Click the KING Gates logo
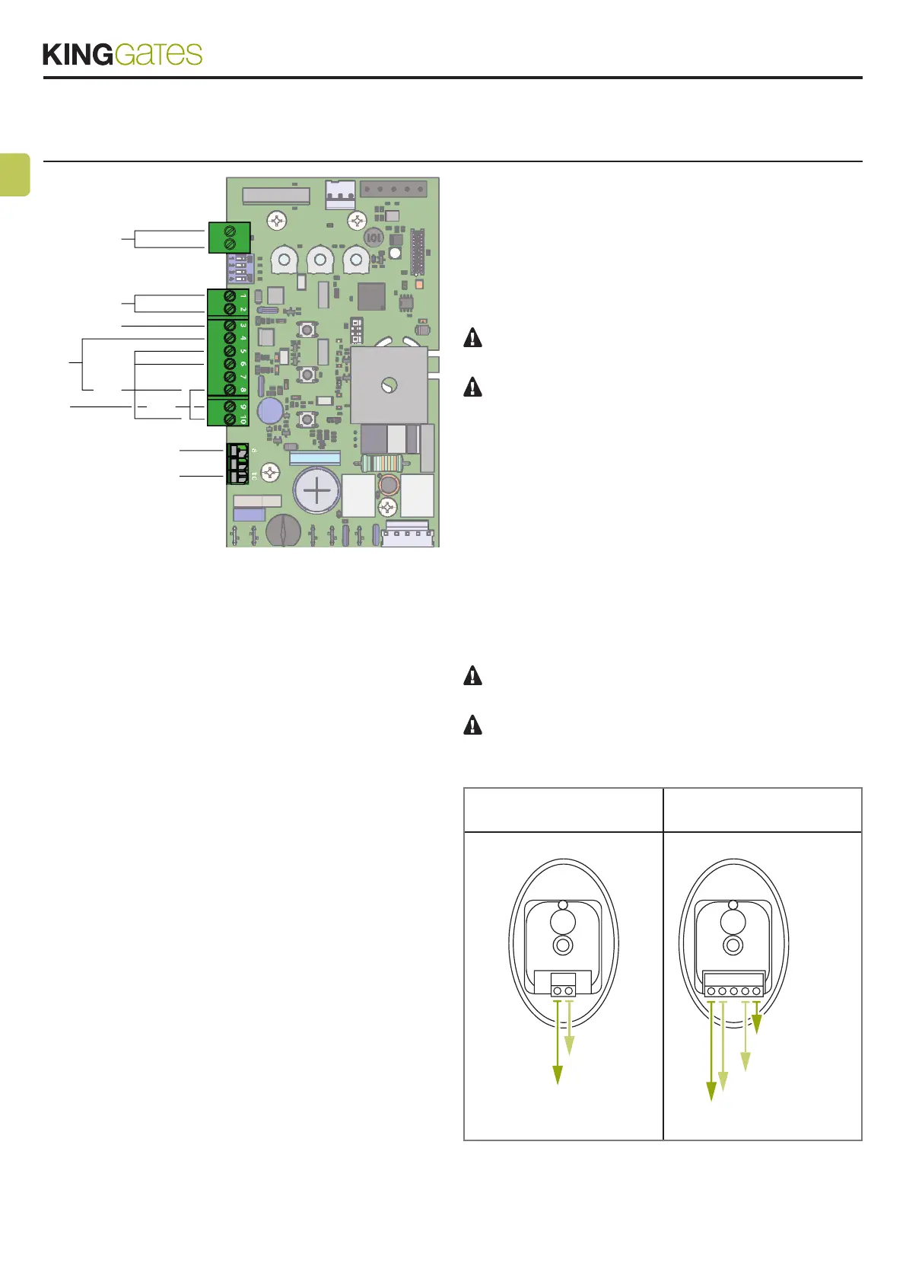coord(122,54)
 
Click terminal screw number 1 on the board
coord(229,296)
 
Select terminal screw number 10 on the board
coord(229,419)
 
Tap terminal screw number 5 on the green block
coord(229,352)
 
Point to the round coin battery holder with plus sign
coord(316,490)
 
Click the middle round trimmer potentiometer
coord(320,261)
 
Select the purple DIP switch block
coord(237,268)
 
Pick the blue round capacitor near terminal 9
coord(270,412)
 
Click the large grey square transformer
coord(387,385)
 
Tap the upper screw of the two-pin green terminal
coord(229,230)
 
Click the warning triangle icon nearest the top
coord(472,337)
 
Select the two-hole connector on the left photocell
coord(563,990)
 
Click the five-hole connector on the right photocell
coord(733,990)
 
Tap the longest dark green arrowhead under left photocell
coord(558,1074)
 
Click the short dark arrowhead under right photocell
coord(756,1025)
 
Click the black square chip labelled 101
coord(374,237)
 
